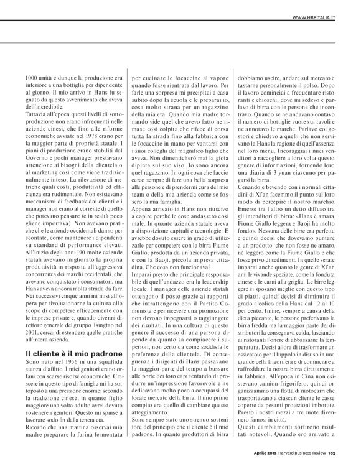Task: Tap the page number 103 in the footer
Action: click(x=332, y=453)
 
